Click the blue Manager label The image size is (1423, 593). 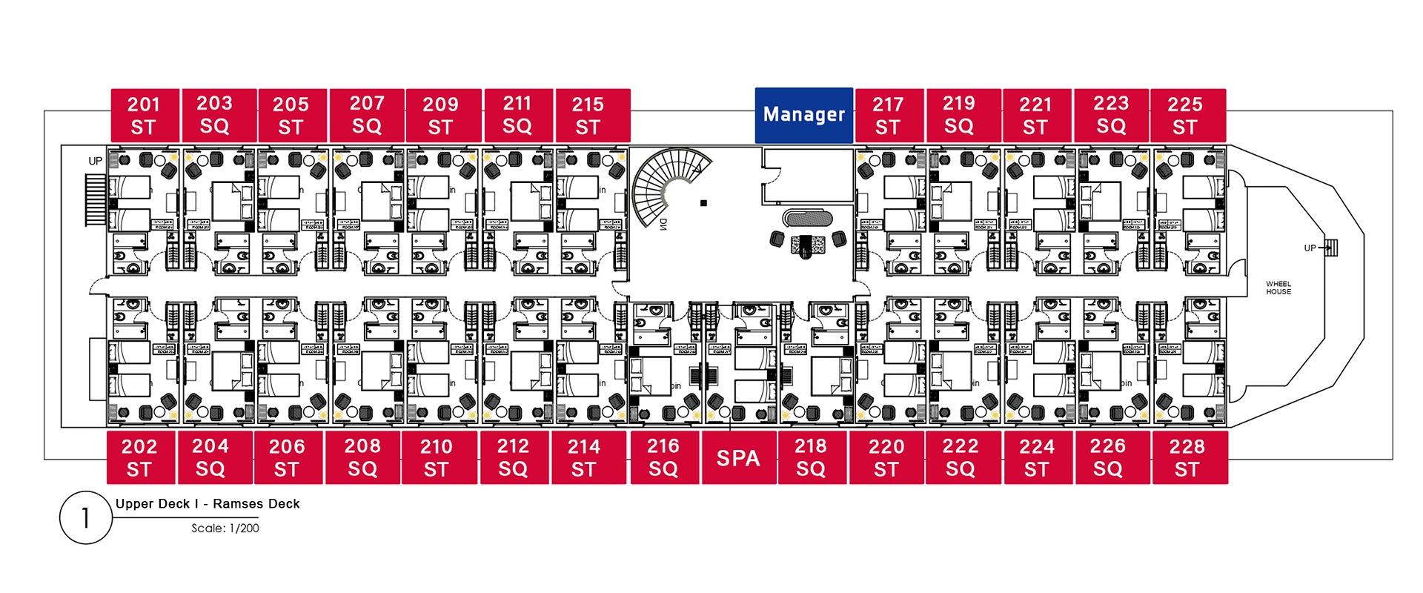click(x=803, y=115)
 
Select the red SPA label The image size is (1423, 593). click(x=738, y=458)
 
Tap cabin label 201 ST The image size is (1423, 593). click(x=144, y=116)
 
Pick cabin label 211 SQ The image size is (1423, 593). click(x=517, y=116)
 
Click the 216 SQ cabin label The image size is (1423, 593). click(x=663, y=458)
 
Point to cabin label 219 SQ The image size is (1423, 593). click(x=959, y=116)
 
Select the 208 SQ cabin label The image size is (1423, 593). click(x=362, y=458)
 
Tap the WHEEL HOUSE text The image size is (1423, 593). click(x=1278, y=288)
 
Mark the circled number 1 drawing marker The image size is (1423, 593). click(x=85, y=517)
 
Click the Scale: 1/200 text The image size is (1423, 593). click(x=225, y=529)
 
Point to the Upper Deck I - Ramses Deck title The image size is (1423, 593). click(x=208, y=504)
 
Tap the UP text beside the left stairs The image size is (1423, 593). click(x=96, y=161)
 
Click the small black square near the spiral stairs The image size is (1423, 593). click(x=703, y=202)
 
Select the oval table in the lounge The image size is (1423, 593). click(x=808, y=219)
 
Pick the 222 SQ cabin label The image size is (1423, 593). click(x=960, y=458)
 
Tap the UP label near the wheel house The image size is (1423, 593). click(x=1310, y=248)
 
